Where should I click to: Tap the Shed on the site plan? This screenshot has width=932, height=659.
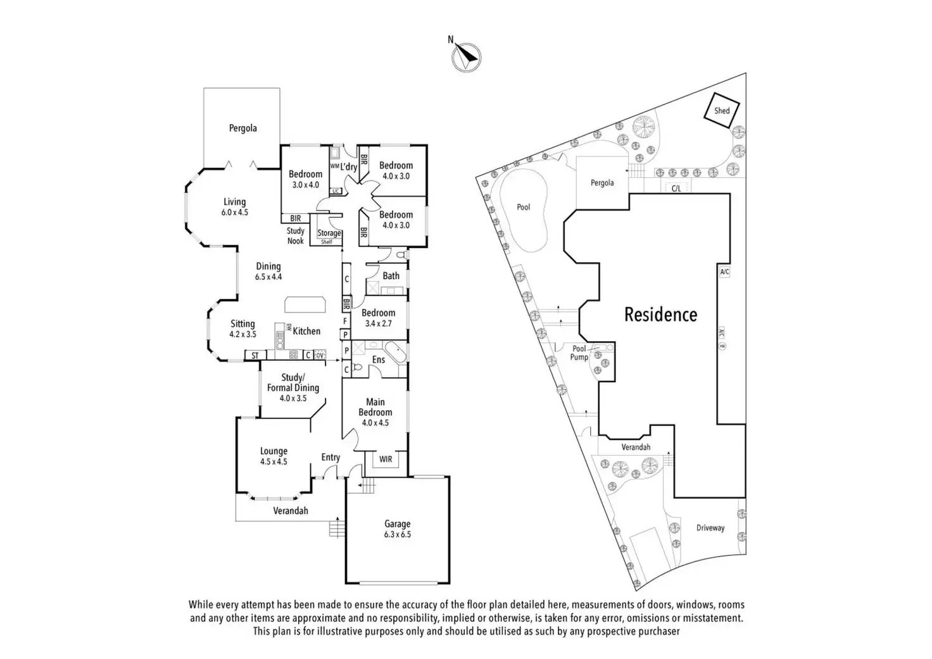[722, 110]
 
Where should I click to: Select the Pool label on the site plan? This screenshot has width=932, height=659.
[524, 207]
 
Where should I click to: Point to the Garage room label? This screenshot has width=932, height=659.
[398, 524]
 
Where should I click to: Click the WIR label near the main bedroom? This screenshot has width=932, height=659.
[386, 459]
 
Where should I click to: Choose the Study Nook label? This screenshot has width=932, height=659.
[296, 235]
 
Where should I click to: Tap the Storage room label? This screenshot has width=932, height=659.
[329, 233]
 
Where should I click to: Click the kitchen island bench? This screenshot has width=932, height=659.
[305, 304]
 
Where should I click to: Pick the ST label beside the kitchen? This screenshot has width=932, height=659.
[255, 355]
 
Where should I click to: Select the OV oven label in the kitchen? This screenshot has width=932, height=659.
[320, 355]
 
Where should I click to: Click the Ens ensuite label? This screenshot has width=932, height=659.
[378, 360]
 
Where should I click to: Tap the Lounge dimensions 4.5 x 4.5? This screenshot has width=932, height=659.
[274, 461]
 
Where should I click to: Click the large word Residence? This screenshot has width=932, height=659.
[661, 315]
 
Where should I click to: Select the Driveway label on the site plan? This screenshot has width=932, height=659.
[710, 528]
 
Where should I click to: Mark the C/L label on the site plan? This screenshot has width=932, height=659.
[676, 189]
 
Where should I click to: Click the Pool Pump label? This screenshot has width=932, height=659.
[579, 353]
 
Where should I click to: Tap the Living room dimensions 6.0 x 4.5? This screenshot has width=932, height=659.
[235, 212]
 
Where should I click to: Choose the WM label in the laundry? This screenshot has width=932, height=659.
[334, 166]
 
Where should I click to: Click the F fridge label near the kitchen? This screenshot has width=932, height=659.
[345, 321]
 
